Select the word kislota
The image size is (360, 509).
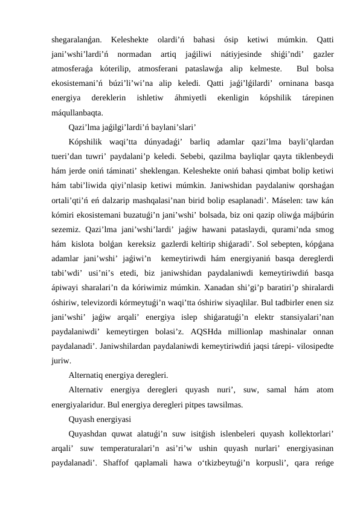(91, 251)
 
